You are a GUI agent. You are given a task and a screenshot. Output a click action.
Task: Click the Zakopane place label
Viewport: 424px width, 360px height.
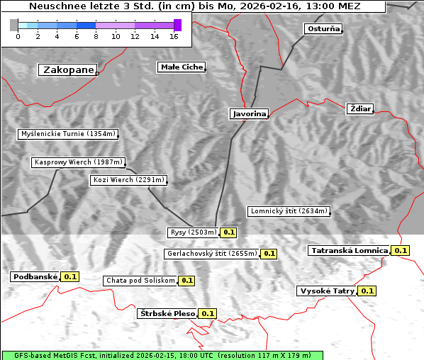click(68, 70)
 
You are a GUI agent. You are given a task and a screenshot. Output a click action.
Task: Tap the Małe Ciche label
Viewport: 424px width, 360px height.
click(181, 67)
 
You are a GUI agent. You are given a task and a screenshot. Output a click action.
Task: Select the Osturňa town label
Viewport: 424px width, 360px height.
click(323, 29)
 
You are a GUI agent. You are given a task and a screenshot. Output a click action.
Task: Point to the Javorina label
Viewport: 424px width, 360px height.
click(249, 114)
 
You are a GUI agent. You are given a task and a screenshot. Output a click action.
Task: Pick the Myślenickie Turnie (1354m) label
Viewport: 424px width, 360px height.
click(67, 134)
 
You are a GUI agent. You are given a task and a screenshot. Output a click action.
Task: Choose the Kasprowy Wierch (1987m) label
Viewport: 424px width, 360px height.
click(79, 162)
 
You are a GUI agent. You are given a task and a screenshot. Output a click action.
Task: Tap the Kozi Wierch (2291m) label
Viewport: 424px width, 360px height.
click(129, 180)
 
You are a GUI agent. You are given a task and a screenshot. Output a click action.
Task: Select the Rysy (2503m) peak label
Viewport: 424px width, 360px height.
click(193, 232)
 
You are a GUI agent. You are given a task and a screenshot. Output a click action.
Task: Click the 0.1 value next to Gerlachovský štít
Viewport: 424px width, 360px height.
click(269, 254)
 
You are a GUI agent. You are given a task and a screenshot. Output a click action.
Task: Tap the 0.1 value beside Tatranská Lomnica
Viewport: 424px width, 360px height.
click(401, 251)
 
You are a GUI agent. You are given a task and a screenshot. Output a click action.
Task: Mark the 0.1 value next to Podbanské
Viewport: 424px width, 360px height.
click(70, 277)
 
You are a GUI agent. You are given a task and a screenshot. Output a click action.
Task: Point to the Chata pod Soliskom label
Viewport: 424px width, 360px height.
click(140, 281)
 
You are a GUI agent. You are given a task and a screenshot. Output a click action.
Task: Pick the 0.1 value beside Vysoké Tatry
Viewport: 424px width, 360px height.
click(367, 291)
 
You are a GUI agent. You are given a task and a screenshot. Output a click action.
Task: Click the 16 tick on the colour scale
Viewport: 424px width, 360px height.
click(174, 36)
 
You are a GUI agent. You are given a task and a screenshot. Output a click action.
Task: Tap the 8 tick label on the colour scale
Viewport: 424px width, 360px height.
click(96, 36)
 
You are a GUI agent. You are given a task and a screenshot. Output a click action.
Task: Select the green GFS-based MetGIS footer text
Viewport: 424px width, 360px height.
click(162, 355)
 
